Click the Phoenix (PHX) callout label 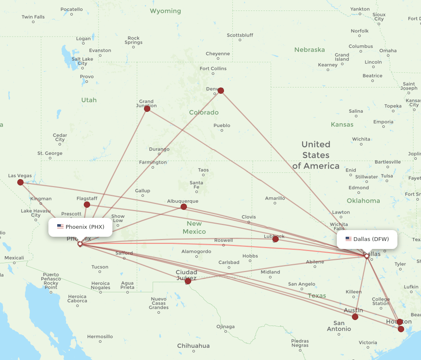[x=80, y=227]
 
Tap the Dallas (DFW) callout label [x=367, y=239]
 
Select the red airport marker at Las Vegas [x=20, y=182]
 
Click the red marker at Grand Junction [x=147, y=109]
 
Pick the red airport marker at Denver [x=221, y=90]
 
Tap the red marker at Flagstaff [x=87, y=204]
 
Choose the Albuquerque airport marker [x=184, y=206]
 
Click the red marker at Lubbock [x=275, y=239]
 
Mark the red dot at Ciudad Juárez [x=188, y=281]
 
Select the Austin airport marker [x=355, y=317]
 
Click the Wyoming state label [x=165, y=11]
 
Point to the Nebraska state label [x=309, y=50]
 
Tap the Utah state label [x=89, y=100]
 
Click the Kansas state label [x=342, y=124]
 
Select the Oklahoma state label [x=363, y=201]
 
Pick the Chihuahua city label [x=193, y=346]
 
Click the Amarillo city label [x=275, y=198]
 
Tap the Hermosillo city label [x=100, y=336]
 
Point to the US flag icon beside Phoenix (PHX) [x=60, y=227]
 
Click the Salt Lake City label [x=82, y=61]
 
